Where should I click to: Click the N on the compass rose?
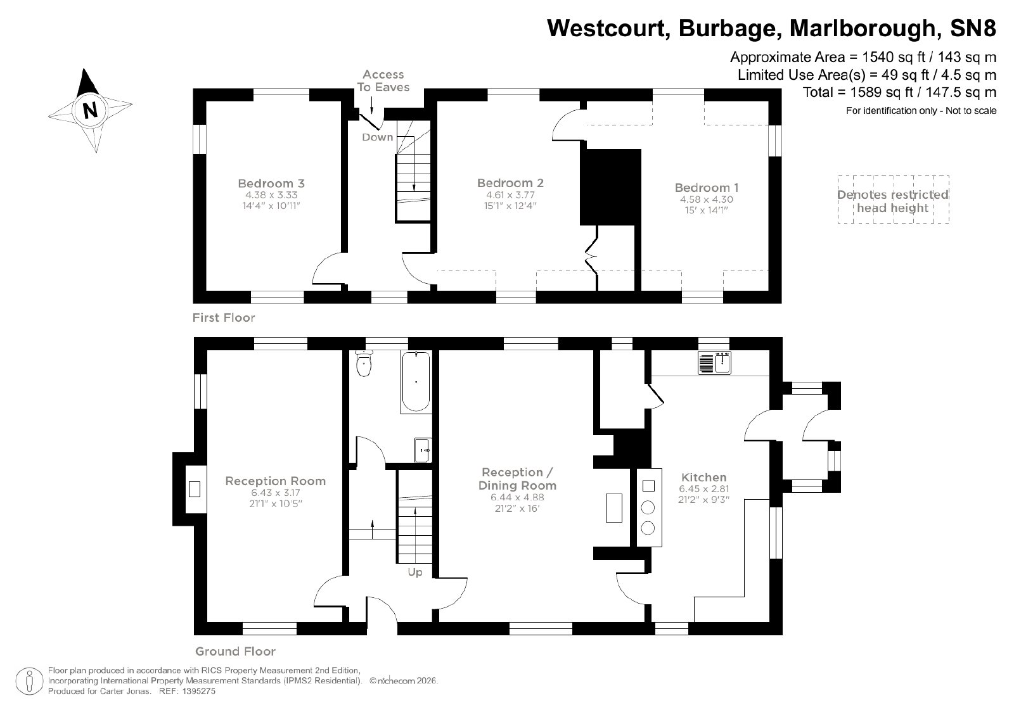(91, 110)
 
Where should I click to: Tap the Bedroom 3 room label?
(271, 183)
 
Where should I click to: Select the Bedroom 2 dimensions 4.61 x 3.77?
(510, 195)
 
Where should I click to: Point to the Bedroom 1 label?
(706, 187)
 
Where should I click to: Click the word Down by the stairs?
(377, 137)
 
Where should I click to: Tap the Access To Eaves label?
(383, 80)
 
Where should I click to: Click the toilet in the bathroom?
(364, 364)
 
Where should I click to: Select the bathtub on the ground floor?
(416, 382)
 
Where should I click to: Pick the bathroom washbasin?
(423, 450)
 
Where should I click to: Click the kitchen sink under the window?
(714, 363)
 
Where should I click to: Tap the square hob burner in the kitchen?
(648, 486)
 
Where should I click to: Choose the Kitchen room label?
(704, 477)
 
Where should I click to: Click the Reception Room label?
(275, 481)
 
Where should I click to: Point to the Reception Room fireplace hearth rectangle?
(194, 490)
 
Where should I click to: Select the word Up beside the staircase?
(414, 572)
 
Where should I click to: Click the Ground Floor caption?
(235, 651)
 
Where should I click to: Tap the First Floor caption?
(224, 317)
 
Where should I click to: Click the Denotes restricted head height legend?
(893, 201)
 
